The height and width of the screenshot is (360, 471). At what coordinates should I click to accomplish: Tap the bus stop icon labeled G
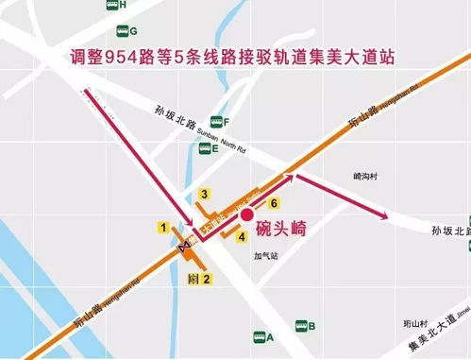tap(121, 31)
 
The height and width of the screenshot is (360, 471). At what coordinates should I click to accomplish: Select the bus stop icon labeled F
tap(216, 122)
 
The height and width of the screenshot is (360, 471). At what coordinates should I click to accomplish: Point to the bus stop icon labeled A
tap(258, 337)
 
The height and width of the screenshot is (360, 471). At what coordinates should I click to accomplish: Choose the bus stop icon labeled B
tap(299, 327)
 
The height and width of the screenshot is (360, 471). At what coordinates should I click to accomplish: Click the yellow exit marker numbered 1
tap(163, 227)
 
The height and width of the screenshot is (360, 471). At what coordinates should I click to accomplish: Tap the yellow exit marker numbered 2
tap(207, 278)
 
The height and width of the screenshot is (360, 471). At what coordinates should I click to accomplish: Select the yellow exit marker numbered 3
tap(203, 195)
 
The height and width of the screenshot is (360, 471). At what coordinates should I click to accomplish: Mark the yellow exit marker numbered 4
tap(242, 236)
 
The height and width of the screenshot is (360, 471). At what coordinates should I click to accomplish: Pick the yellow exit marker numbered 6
tap(273, 203)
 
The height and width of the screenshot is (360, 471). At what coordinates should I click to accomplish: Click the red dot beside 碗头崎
tap(247, 215)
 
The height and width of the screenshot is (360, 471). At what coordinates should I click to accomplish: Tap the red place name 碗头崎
tap(286, 228)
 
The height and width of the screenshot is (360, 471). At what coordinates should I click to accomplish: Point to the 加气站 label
tap(266, 255)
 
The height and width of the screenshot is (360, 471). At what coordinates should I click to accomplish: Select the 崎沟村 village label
tap(364, 176)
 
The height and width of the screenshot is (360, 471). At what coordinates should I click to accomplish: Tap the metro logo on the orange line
tap(186, 244)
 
